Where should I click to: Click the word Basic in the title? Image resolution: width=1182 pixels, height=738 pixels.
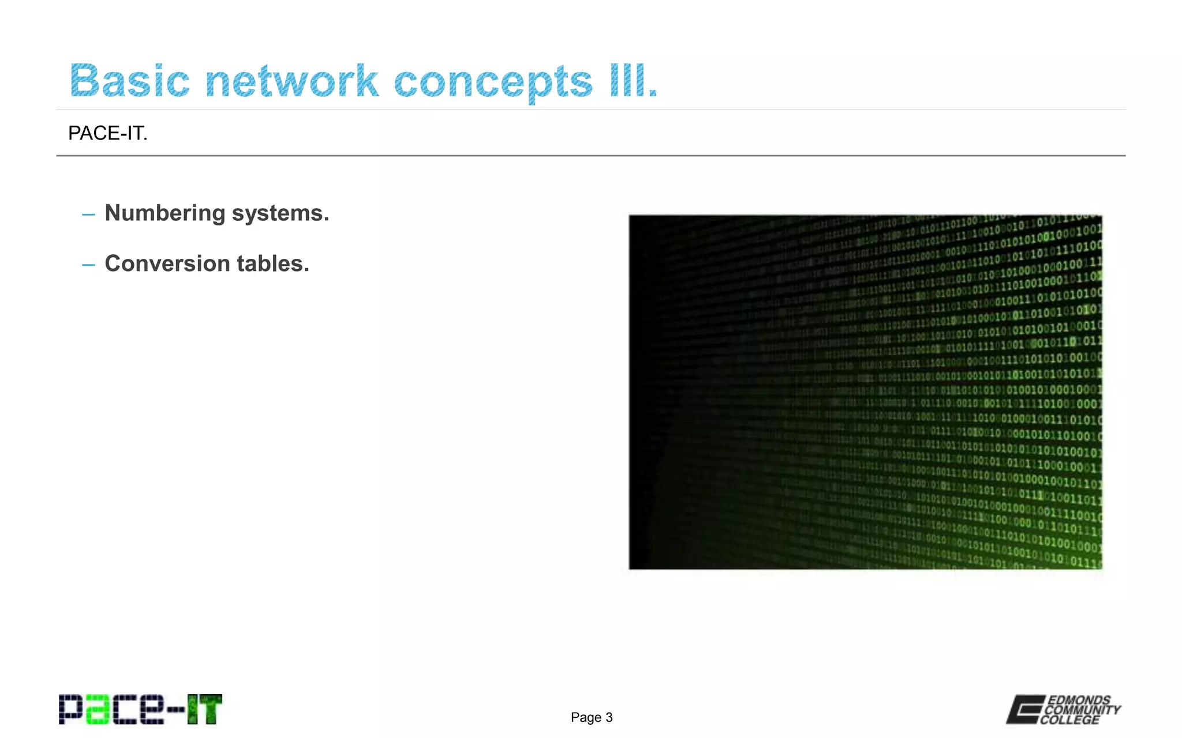[x=130, y=81]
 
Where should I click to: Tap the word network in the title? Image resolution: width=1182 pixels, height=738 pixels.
[x=291, y=81]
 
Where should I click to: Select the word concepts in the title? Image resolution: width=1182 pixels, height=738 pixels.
[x=493, y=82]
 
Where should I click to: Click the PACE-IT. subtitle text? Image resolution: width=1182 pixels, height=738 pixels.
[x=108, y=133]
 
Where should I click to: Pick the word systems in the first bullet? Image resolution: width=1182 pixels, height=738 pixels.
[x=280, y=213]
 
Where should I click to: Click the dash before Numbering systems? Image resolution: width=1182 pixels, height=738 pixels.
[x=88, y=214]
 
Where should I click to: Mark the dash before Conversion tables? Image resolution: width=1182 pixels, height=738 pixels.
[x=88, y=265]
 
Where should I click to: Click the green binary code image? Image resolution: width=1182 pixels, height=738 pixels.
[x=865, y=392]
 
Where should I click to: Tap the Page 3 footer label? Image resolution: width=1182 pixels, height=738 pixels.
[x=592, y=717]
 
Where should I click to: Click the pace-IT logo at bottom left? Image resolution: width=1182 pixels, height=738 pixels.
[x=140, y=709]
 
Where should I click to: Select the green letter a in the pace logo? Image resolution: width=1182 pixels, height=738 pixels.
[x=97, y=710]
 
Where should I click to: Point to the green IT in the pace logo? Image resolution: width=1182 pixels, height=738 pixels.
[x=204, y=709]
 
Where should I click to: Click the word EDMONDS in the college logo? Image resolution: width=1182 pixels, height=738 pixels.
[x=1079, y=700]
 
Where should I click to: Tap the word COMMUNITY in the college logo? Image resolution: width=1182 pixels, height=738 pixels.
[x=1083, y=710]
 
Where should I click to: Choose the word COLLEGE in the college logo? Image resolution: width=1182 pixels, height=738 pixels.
[x=1070, y=720]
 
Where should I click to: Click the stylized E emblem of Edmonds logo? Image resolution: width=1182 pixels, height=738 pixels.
[x=1025, y=709]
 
